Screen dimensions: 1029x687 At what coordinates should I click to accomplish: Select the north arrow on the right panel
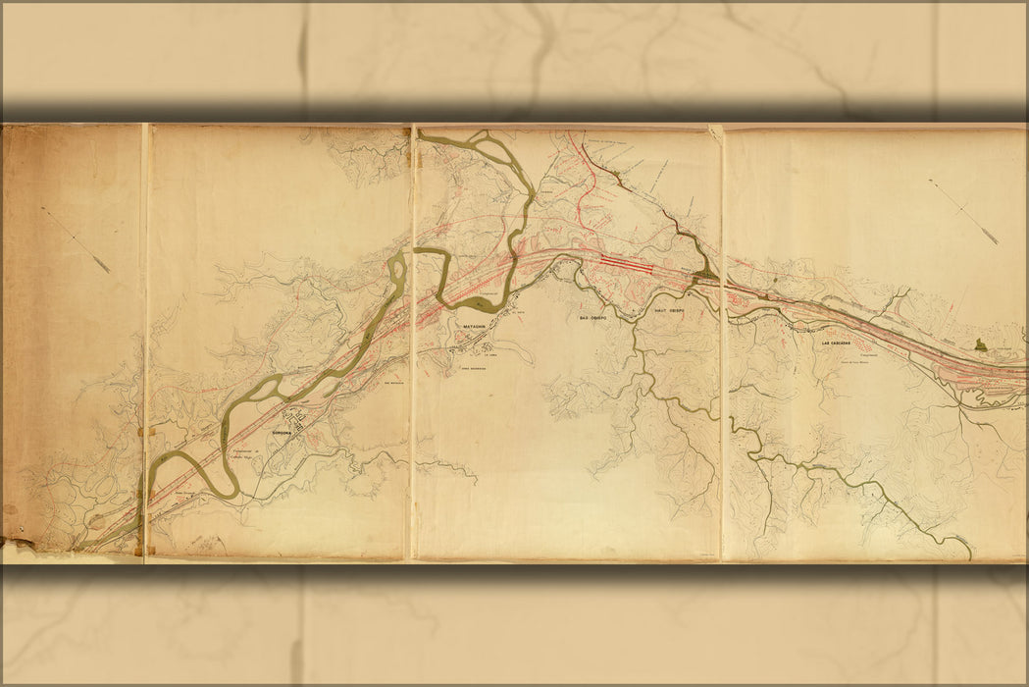[963, 211]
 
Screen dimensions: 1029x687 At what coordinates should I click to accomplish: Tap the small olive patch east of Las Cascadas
[980, 344]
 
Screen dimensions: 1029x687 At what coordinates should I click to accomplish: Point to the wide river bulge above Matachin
[483, 303]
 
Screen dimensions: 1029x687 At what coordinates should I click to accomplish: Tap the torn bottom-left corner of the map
[20, 545]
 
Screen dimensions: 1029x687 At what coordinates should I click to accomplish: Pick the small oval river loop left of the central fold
[396, 266]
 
